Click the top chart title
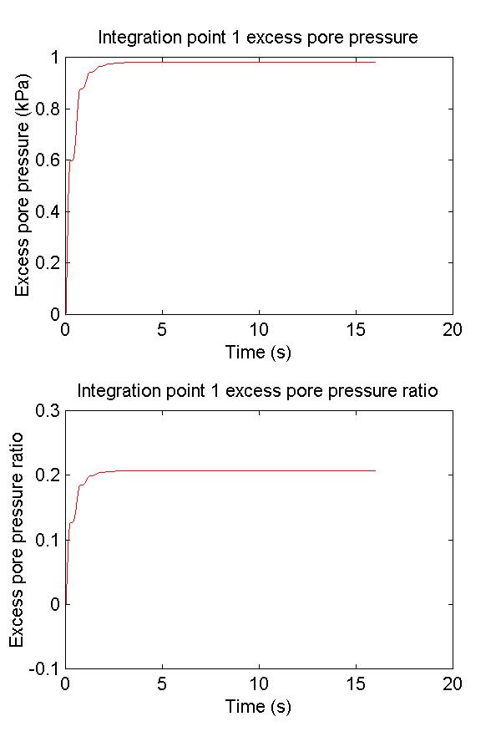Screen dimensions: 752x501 pyautogui.click(x=258, y=38)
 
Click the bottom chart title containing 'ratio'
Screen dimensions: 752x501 pyautogui.click(x=258, y=390)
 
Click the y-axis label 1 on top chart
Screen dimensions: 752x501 pyautogui.click(x=54, y=58)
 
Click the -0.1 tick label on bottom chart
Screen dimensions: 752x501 pyautogui.click(x=42, y=668)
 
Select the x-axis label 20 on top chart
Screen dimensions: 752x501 pyautogui.click(x=452, y=329)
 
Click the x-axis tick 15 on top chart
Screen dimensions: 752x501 pyautogui.click(x=356, y=329)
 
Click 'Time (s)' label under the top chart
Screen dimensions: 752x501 pyautogui.click(x=258, y=352)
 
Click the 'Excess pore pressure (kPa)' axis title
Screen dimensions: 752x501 pyautogui.click(x=23, y=185)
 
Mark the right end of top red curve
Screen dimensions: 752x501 pyautogui.click(x=375, y=62)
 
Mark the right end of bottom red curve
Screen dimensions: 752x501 pyautogui.click(x=375, y=470)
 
